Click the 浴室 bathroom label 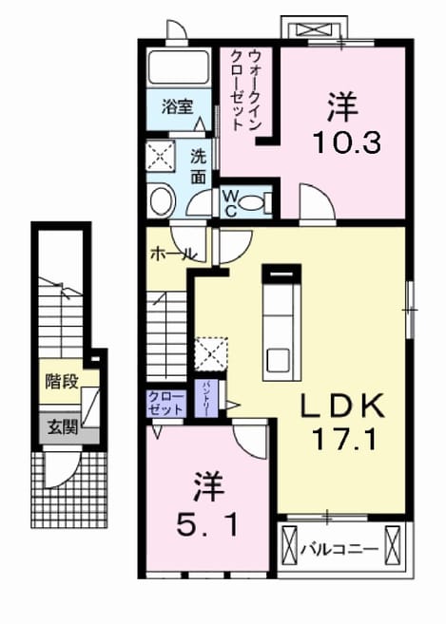click(x=178, y=106)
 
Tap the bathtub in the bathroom click(x=179, y=66)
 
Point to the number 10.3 click(x=347, y=142)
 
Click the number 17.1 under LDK click(x=343, y=440)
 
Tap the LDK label click(x=342, y=406)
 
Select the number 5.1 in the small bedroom click(x=207, y=524)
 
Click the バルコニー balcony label click(x=339, y=550)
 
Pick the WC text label click(x=230, y=203)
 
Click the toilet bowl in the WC click(x=254, y=203)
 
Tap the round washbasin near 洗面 click(x=163, y=201)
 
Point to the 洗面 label click(x=198, y=167)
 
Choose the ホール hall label click(x=173, y=253)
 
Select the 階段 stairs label click(x=61, y=382)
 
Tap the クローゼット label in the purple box click(x=165, y=404)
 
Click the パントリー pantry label click(x=206, y=399)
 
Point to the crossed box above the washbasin click(x=161, y=156)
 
